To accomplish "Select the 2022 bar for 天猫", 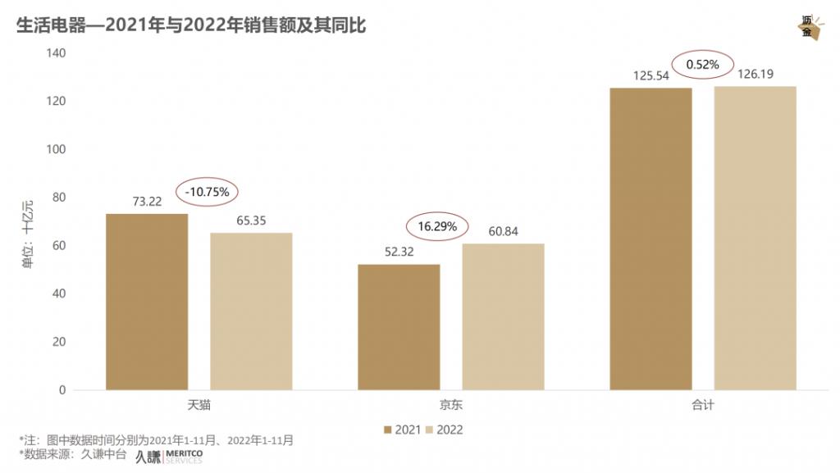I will [251, 312].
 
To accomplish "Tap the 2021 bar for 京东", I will [399, 327].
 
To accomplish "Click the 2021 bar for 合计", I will [651, 239].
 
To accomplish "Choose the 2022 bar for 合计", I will [755, 238].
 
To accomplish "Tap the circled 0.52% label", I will [702, 64].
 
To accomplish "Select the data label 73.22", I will [147, 202].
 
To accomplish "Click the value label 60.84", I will [503, 231].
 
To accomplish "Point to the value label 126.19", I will [756, 74].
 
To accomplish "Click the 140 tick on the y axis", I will [55, 53].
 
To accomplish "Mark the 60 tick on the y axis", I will [58, 246].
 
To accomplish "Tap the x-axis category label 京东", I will [450, 405].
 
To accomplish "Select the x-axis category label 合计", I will [703, 405].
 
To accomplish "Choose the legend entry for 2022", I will [445, 430].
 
